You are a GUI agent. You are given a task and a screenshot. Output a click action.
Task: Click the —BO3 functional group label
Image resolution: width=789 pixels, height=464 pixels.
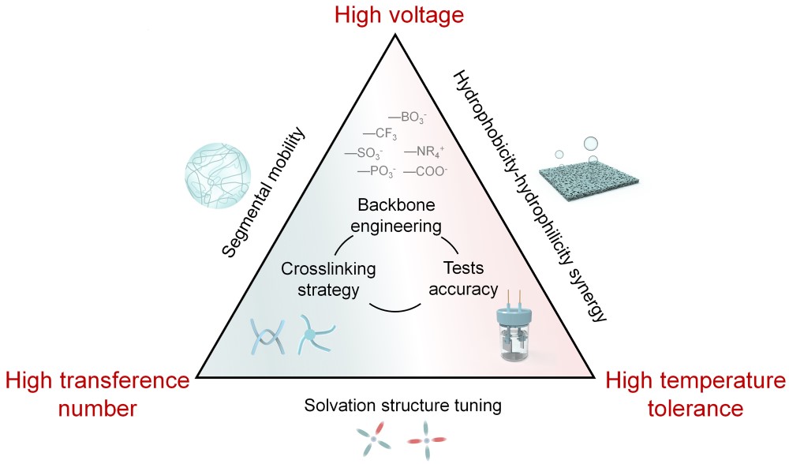coord(408,117)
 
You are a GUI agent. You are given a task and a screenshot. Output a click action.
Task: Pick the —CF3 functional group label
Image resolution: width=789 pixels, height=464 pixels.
coord(380,133)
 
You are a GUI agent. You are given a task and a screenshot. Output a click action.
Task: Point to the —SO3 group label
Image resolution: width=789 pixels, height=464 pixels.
coord(365,152)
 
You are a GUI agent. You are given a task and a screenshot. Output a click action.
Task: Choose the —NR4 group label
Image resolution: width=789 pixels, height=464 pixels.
coord(426,152)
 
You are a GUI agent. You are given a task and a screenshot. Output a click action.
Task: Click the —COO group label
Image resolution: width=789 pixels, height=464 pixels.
coord(426,170)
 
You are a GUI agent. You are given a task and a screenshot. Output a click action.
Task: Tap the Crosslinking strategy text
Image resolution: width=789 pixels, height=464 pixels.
coord(327,279)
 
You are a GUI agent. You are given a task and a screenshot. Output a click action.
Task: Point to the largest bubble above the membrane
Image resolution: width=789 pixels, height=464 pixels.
coord(591,144)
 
